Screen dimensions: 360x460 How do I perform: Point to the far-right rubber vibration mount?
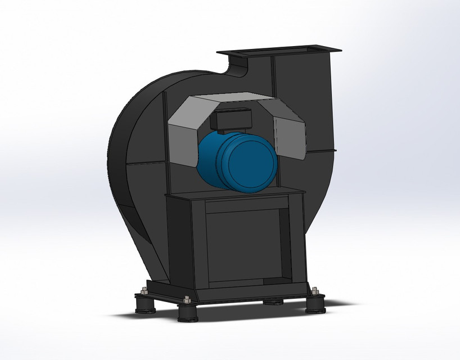pos(315,303)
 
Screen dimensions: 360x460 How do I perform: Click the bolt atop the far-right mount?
pos(315,291)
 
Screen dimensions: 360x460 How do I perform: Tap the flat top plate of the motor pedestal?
pos(236,194)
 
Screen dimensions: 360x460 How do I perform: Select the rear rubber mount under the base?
pos(274,301)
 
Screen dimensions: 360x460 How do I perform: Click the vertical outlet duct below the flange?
pos(304,101)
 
